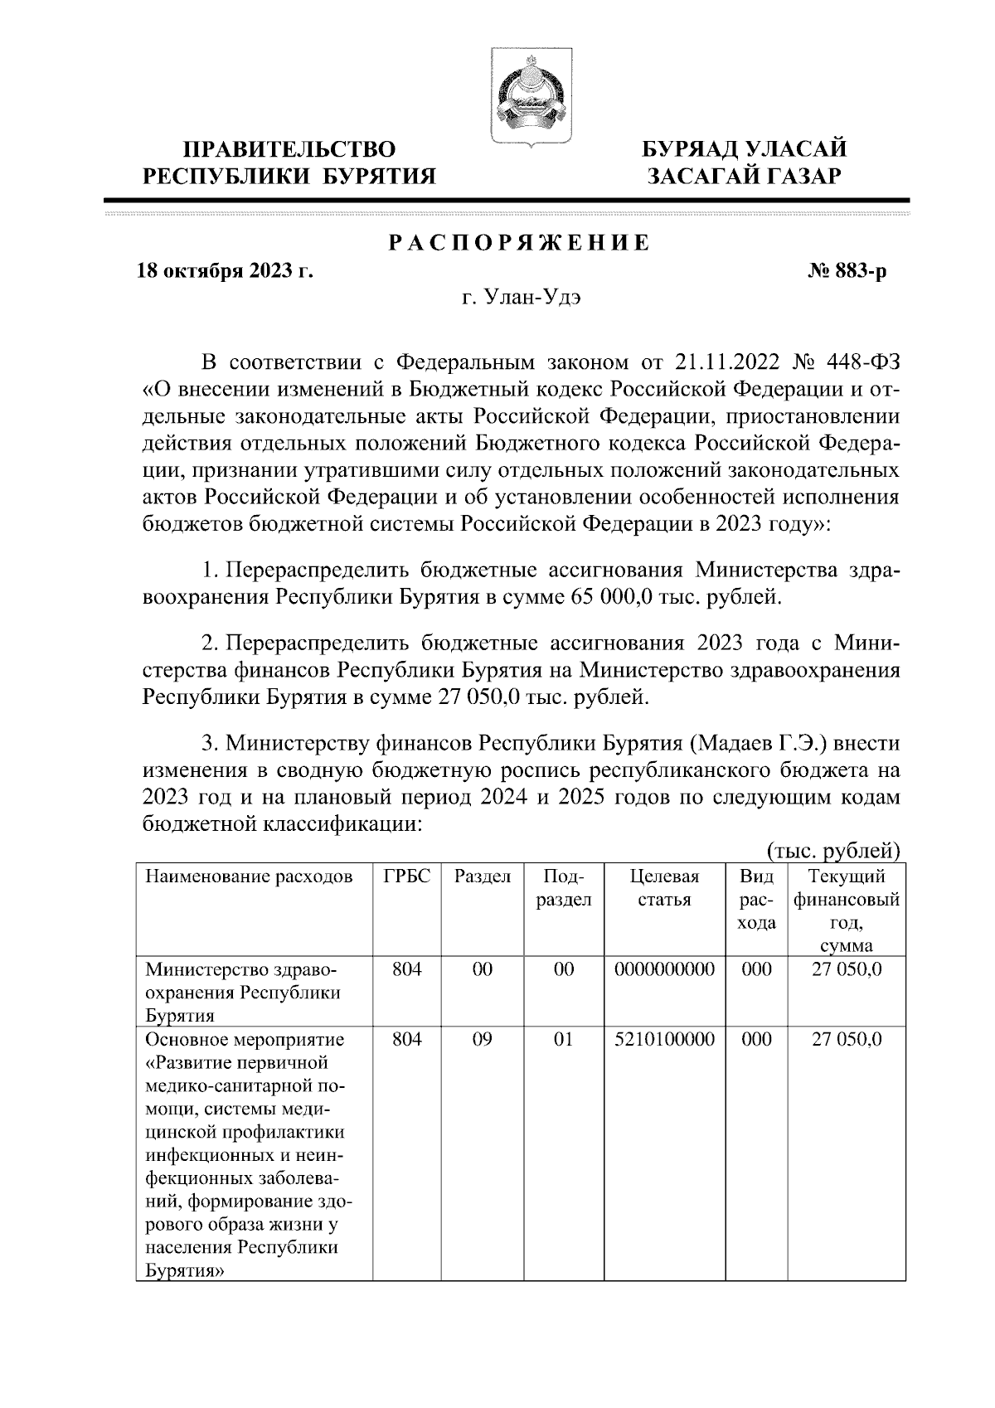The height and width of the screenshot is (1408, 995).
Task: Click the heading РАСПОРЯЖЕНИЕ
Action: click(x=520, y=243)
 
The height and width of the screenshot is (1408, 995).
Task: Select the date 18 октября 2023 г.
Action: click(x=225, y=271)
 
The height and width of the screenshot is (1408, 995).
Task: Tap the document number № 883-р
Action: click(x=847, y=271)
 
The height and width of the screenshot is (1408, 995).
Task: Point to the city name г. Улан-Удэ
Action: click(x=522, y=299)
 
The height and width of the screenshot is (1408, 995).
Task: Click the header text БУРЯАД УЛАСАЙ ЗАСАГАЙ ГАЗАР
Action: click(x=746, y=163)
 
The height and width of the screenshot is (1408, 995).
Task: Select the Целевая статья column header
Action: click(x=664, y=888)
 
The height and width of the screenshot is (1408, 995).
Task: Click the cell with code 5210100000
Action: click(x=665, y=1039)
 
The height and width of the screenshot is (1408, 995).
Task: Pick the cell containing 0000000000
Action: click(x=665, y=969)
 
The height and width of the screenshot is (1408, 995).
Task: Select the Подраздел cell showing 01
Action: click(x=564, y=1039)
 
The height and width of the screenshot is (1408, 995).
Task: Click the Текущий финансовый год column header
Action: click(x=847, y=910)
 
